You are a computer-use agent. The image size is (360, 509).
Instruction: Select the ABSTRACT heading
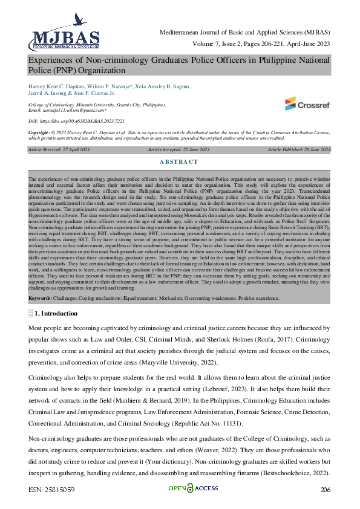point(179,162)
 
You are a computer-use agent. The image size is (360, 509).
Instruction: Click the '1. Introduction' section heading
point(56,314)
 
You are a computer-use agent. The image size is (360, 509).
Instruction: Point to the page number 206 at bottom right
point(325,489)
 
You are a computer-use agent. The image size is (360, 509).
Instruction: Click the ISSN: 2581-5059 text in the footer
point(53,489)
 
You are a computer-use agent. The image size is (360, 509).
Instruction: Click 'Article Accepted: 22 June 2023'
point(179,149)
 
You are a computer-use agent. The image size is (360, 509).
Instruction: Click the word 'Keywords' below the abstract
point(39,299)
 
